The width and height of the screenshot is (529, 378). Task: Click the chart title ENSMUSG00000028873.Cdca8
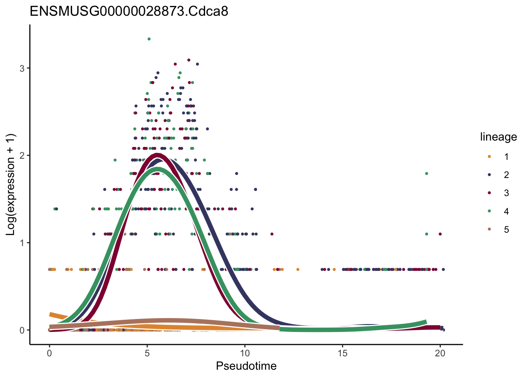point(129,11)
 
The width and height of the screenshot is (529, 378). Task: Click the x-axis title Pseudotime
point(246,366)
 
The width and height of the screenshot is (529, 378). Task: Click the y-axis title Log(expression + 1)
point(10,184)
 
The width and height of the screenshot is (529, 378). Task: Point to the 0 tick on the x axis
point(49,354)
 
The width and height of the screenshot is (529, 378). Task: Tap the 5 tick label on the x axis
point(147,354)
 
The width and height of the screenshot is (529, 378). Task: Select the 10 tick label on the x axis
point(245,354)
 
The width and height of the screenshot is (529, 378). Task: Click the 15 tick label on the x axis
point(342,354)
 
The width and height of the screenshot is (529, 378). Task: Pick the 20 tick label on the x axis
point(440,354)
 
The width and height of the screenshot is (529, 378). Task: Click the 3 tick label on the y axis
point(22,68)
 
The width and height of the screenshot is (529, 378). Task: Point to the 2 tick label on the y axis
point(22,156)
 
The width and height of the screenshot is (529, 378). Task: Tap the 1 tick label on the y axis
point(22,243)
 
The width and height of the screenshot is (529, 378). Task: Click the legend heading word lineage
point(498,137)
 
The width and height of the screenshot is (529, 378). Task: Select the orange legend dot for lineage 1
point(489,157)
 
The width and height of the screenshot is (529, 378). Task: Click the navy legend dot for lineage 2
point(489,175)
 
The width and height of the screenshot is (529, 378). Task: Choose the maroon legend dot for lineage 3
point(489,193)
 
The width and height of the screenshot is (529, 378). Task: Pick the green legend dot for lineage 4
point(489,211)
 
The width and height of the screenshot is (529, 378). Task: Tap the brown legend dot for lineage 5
point(489,230)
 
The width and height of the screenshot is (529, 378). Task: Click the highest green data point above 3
point(149,39)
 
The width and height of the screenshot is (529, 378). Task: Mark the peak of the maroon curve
point(157,156)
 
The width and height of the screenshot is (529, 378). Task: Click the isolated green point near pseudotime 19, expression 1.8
point(426,174)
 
